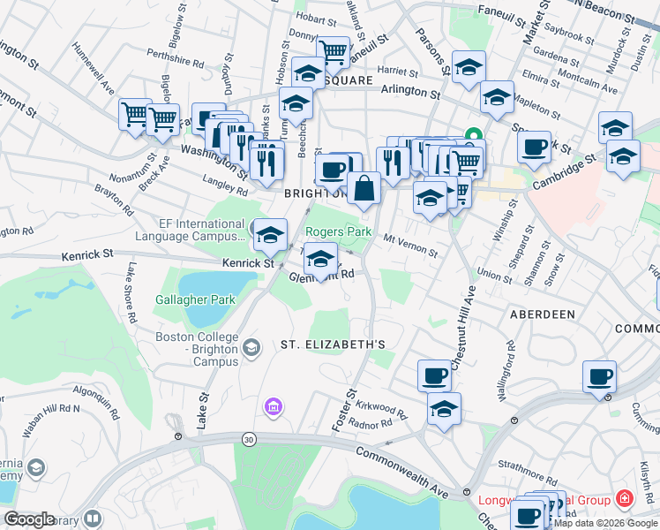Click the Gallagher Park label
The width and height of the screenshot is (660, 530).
(x=196, y=299)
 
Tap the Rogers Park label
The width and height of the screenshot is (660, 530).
(x=338, y=231)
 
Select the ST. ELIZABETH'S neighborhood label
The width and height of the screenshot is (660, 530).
(x=334, y=343)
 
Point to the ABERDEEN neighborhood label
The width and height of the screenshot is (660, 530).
(x=542, y=314)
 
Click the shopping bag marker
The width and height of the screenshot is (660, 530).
(x=364, y=187)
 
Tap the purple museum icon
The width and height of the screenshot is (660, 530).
(x=274, y=406)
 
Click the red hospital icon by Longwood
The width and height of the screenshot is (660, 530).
(x=625, y=500)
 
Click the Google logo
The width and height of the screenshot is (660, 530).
(x=29, y=519)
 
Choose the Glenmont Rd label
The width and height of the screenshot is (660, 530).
(x=321, y=275)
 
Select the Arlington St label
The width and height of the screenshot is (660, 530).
(x=409, y=91)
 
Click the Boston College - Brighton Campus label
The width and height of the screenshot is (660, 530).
(x=196, y=343)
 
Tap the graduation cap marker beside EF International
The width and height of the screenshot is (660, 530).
(x=271, y=235)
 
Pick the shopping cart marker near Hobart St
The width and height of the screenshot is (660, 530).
(x=333, y=52)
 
